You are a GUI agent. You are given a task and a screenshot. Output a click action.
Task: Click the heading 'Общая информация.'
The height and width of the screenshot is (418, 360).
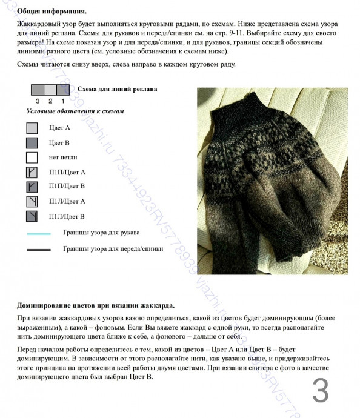tap(52, 11)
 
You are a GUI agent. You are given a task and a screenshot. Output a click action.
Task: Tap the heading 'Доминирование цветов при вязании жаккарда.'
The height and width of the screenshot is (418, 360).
tap(97, 304)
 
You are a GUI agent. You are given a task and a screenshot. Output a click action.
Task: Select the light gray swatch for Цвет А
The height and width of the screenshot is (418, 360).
tap(32, 128)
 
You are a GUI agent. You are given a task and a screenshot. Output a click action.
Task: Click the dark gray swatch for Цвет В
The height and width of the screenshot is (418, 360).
tap(32, 143)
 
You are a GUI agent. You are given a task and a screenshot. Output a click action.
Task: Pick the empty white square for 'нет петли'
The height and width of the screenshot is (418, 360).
tap(32, 158)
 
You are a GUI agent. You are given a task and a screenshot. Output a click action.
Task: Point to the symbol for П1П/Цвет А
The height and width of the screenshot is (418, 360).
tap(32, 172)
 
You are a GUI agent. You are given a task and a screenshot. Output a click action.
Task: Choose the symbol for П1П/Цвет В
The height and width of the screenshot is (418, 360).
tap(32, 187)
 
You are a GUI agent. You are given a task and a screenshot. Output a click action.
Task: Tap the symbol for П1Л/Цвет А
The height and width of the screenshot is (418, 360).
tap(32, 201)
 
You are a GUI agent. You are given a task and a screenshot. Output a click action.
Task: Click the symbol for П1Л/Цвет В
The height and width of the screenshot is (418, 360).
tap(32, 216)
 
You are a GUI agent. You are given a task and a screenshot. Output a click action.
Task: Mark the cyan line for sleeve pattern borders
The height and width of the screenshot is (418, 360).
tap(39, 233)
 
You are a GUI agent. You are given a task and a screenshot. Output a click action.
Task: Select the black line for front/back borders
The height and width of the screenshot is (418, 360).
tap(39, 249)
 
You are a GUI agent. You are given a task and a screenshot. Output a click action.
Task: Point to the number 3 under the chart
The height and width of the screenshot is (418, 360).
tap(38, 101)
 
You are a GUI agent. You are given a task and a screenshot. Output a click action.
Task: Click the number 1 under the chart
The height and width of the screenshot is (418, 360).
tap(62, 101)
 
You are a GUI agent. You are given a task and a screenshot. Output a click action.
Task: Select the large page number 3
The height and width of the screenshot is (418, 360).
tap(321, 391)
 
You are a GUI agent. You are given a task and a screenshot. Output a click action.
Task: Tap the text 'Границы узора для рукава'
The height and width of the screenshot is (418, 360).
tap(101, 233)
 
